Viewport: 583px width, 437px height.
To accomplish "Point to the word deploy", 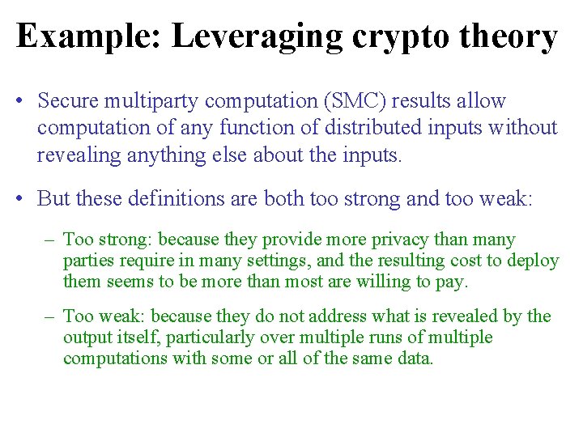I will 534,261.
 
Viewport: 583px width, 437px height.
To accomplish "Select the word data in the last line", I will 416,358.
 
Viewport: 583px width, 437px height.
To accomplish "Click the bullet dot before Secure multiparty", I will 20,102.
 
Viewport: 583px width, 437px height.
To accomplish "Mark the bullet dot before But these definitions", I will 20,198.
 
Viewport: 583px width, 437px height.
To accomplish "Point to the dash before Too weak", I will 51,316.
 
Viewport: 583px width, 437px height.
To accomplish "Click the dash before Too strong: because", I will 51,240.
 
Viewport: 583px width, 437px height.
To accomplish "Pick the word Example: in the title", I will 88,37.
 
